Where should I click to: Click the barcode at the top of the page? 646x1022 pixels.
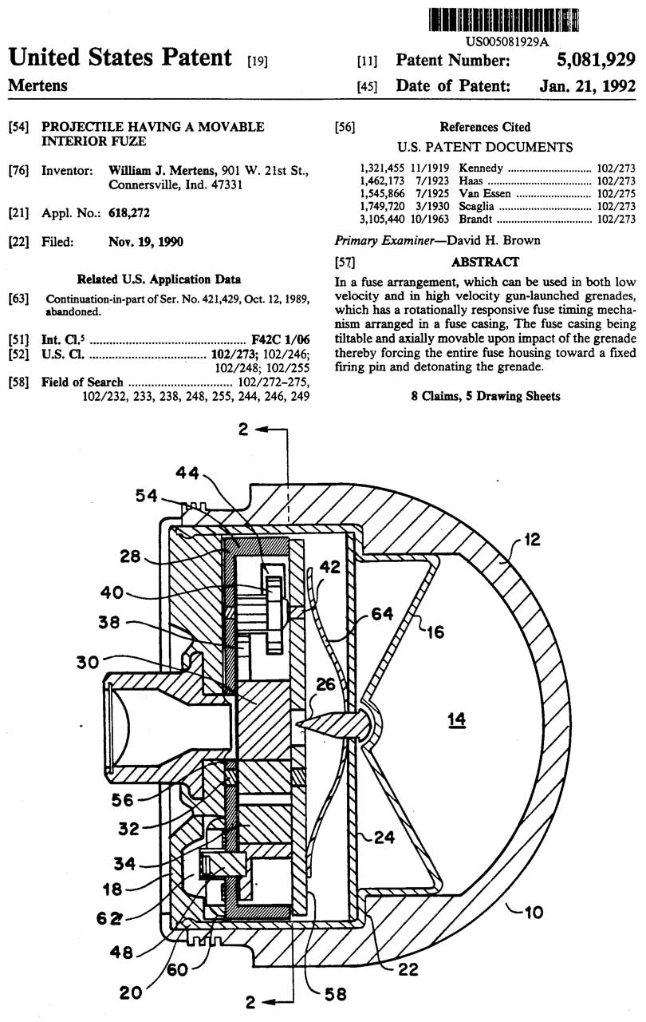pos(504,20)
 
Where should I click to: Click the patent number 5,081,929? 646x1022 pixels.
pos(596,60)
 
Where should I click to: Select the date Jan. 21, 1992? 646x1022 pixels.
pos(587,85)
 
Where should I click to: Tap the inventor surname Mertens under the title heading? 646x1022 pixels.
pos(37,85)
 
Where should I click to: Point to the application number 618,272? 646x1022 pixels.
pos(129,213)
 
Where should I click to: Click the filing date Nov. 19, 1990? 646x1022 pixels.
pos(146,241)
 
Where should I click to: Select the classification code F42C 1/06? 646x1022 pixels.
pos(281,339)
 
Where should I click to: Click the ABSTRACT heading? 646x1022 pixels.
pos(485,262)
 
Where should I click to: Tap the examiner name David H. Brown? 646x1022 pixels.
pos(494,240)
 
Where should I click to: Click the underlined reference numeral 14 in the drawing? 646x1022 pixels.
pos(456,719)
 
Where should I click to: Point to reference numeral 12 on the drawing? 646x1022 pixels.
pos(532,539)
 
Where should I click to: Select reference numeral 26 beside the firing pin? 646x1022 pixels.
pos(325,684)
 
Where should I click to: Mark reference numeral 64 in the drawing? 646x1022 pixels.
pos(382,614)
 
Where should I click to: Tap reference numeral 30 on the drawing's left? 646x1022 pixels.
pos(88,662)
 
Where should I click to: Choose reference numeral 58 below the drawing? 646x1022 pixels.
pos(335,993)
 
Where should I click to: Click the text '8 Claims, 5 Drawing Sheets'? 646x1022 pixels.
pos(486,395)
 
